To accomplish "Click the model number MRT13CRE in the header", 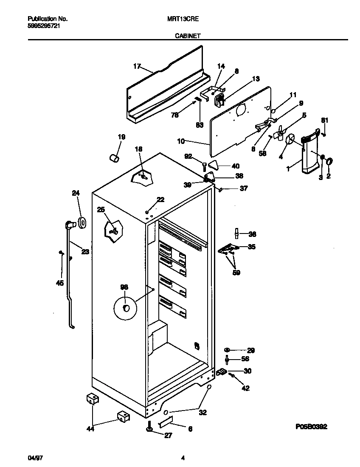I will (x=187, y=19).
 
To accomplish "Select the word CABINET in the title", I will (x=188, y=37).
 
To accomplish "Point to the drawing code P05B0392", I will (x=310, y=427).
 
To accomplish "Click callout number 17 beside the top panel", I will (x=137, y=66).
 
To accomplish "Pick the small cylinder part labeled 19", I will (x=114, y=158).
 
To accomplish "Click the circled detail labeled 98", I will (x=125, y=307).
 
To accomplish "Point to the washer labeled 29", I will (x=227, y=350).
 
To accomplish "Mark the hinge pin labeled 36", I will (x=236, y=234).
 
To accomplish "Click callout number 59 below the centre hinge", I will (x=236, y=273).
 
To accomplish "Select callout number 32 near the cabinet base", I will (x=203, y=412).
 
